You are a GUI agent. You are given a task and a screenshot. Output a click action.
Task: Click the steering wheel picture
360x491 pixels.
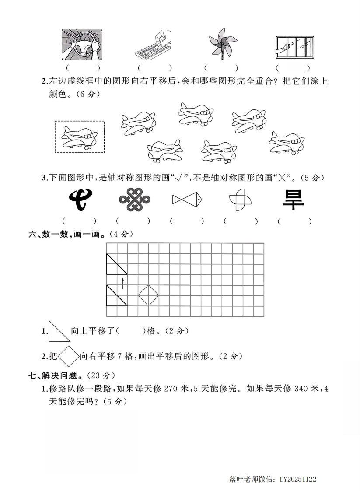point(82,45)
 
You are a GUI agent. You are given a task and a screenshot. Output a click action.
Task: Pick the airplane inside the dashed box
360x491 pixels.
point(80,137)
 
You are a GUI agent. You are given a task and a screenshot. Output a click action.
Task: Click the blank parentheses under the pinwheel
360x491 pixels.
point(221,68)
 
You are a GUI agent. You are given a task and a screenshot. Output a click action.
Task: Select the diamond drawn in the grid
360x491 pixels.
point(149,295)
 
